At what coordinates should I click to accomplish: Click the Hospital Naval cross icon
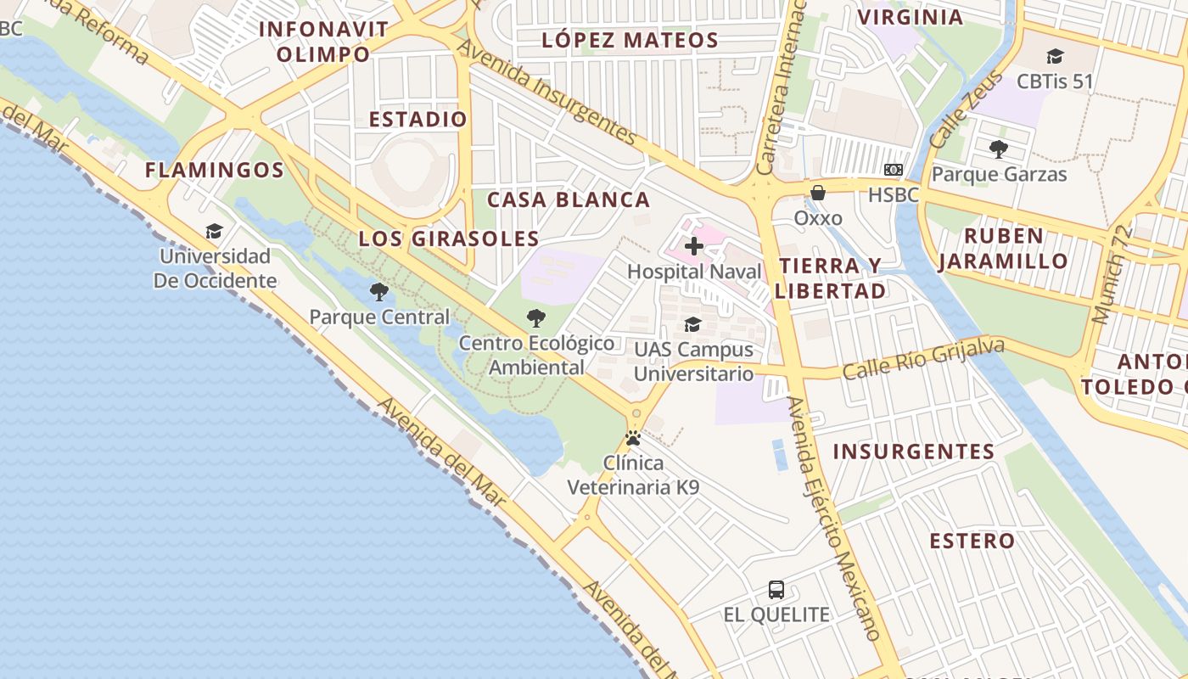click(694, 246)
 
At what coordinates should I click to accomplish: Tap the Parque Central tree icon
click(379, 292)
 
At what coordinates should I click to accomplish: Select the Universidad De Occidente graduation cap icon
click(214, 231)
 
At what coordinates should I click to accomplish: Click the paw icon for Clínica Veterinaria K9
click(633, 439)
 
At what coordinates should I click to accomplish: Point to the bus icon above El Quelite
click(776, 589)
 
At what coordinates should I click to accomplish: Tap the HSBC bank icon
click(893, 170)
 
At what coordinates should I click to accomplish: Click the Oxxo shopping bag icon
click(818, 193)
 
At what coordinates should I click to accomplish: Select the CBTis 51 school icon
click(1055, 57)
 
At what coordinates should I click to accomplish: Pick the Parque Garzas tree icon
click(999, 149)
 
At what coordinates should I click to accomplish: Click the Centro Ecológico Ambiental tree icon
click(535, 318)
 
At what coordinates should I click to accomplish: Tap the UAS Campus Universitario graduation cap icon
click(693, 324)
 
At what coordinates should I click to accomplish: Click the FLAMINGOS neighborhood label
click(215, 170)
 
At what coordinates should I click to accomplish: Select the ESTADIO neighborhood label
click(417, 119)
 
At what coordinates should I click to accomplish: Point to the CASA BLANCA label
click(569, 199)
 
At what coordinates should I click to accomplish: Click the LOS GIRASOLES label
click(449, 238)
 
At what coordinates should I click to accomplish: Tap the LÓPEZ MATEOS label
click(630, 40)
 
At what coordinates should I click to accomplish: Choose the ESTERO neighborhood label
click(972, 541)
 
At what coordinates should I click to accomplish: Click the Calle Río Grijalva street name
click(923, 359)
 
